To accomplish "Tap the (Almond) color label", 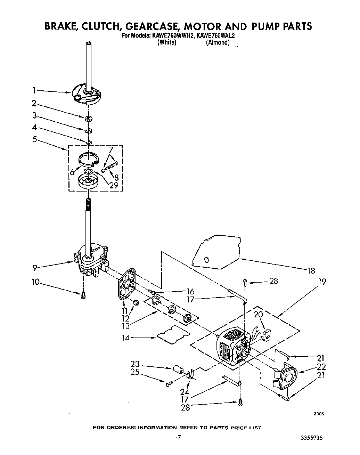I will coord(218,42).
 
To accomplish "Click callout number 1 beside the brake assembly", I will coord(34,91).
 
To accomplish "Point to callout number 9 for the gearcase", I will coord(34,267).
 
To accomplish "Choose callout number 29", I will coord(114,185).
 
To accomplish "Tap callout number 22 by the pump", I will coord(321,366).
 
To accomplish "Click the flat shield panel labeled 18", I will coord(217,252).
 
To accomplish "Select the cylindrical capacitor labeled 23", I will coord(178,369).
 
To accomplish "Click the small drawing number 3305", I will coord(319,414).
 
